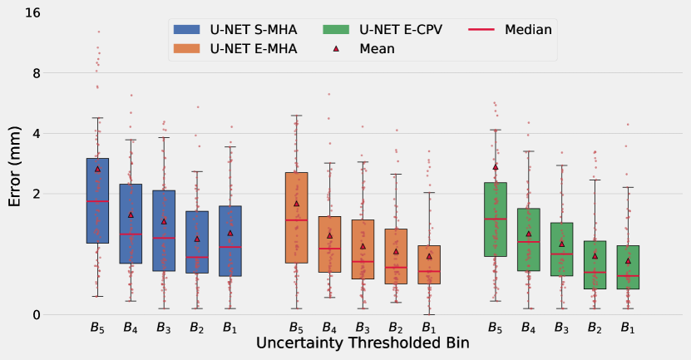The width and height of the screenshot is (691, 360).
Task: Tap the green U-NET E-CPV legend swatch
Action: tap(337, 29)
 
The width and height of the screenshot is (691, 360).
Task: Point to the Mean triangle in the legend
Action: tap(337, 49)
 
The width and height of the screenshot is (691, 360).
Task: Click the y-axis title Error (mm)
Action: tap(15, 166)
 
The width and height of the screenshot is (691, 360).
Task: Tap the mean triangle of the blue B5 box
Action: tap(97, 169)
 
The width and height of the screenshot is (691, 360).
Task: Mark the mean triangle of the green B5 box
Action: tap(496, 166)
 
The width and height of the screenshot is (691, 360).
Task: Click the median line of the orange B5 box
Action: tap(297, 219)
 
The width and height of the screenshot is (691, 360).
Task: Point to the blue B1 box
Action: tap(230, 241)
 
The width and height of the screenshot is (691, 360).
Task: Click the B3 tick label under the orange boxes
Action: tap(363, 327)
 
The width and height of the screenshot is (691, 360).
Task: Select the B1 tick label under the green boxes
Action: tap(629, 327)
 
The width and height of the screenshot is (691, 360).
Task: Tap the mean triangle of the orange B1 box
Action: tap(429, 256)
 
